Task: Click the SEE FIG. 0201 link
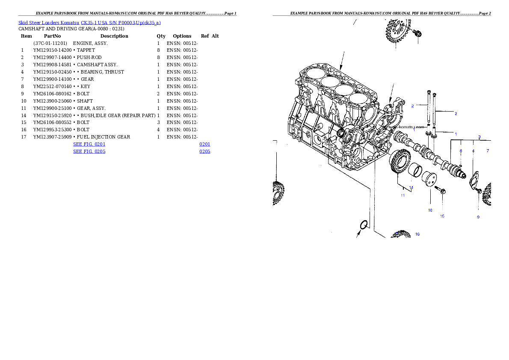coord(89,145)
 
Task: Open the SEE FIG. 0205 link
coord(89,151)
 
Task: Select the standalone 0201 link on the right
coord(204,145)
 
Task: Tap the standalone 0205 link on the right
coord(204,151)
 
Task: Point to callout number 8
coord(461,151)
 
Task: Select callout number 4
coord(473,151)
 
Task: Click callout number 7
coord(487,151)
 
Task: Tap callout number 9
coord(478,217)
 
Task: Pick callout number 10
coord(430,210)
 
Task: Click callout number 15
coord(442,216)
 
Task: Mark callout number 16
coord(417,234)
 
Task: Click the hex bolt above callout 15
coord(441,189)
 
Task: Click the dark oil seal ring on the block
coord(341,134)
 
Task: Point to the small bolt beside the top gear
coord(418,33)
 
